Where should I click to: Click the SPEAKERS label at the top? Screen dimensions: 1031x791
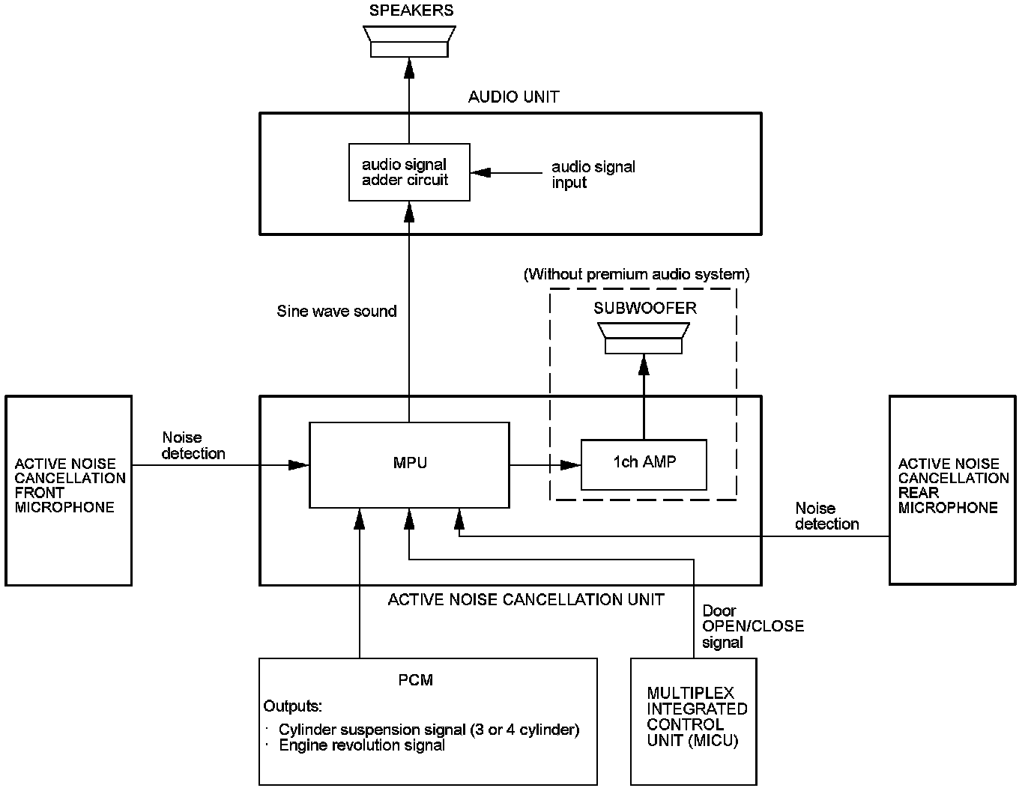(411, 10)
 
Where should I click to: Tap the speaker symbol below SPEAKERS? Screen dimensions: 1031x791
(409, 41)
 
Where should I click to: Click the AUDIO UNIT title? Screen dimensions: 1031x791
(513, 97)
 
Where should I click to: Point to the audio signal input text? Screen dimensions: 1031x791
(593, 175)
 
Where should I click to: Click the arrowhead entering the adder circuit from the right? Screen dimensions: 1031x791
(480, 172)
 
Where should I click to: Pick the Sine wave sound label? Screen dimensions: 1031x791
(336, 311)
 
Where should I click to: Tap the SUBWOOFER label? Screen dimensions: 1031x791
(645, 309)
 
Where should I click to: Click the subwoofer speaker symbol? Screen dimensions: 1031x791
(644, 338)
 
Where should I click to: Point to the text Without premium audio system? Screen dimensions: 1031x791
(636, 274)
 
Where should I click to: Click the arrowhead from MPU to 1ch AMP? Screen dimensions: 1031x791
(570, 464)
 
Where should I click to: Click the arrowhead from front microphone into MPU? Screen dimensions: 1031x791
(299, 464)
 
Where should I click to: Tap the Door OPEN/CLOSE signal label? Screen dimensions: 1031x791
(753, 626)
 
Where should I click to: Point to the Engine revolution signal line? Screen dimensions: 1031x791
(362, 745)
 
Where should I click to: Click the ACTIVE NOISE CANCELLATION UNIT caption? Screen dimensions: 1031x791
(526, 599)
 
